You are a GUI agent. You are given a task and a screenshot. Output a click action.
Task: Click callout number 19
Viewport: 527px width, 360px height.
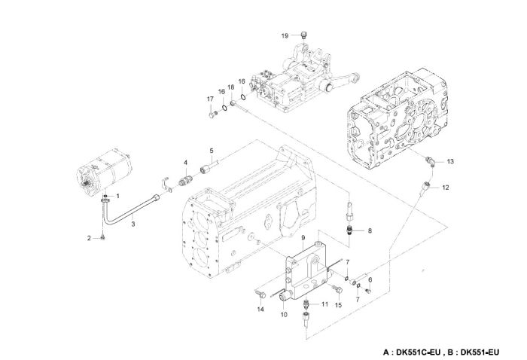tap(285, 35)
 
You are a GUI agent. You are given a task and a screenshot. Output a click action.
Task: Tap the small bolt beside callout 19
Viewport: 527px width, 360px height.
tap(303, 35)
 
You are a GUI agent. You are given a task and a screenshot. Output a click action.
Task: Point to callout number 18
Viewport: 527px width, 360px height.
tap(231, 89)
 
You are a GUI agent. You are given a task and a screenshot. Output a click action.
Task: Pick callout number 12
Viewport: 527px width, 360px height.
tap(446, 187)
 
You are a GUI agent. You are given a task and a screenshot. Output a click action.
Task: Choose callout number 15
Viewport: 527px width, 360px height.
tap(338, 304)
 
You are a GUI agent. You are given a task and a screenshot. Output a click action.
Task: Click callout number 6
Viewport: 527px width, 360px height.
tap(370, 280)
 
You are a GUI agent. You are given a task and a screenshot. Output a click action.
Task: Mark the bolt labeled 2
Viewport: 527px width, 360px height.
tap(103, 237)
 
